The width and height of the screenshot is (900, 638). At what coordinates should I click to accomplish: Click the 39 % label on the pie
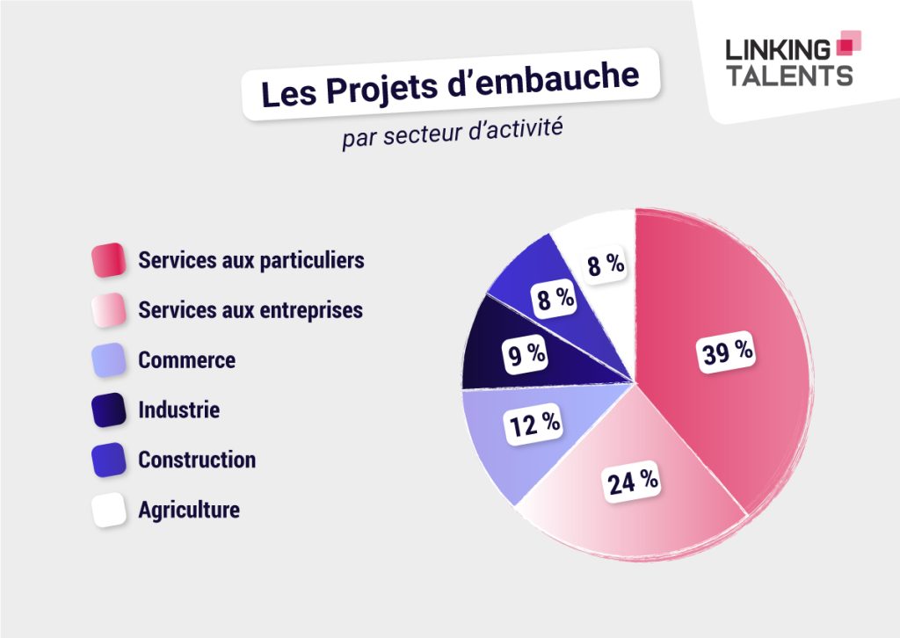pos(727,352)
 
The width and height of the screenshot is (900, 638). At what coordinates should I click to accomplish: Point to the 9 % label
pos(525,355)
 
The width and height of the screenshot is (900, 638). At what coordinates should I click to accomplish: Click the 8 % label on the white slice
pos(606,265)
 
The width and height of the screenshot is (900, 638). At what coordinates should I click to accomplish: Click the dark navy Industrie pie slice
pos(492,347)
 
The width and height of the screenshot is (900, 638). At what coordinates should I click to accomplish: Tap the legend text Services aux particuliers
pos(250,261)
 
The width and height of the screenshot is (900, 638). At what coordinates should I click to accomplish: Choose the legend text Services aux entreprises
pos(250,310)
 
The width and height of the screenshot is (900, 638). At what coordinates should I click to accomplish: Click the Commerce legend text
pos(186,360)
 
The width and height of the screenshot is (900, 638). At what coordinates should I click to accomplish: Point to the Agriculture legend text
pos(188,510)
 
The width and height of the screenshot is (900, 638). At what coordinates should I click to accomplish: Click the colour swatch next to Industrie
pos(109,410)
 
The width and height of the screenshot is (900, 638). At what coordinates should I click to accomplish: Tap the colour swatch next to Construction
pos(109,460)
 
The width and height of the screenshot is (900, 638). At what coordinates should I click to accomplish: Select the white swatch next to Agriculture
pos(109,510)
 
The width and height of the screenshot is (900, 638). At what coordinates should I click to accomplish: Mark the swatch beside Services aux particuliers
pos(109,261)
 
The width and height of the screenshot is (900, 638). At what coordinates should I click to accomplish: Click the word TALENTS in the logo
pos(789,76)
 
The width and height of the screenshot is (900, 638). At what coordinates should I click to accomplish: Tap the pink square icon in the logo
pos(847,43)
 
